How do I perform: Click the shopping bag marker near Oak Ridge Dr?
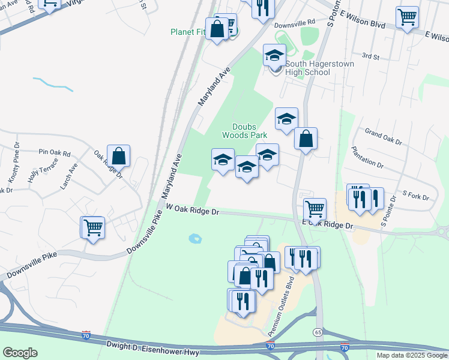click(x=119, y=156)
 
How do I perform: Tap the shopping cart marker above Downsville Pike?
click(x=92, y=228)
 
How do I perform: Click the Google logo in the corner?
click(x=20, y=353)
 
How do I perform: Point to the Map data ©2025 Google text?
click(x=412, y=355)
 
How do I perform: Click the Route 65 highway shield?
click(x=316, y=332)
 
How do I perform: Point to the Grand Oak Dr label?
click(x=383, y=136)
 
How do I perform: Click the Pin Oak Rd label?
click(x=55, y=153)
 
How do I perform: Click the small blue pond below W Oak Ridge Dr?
click(x=195, y=238)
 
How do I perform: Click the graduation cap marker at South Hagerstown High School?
click(x=275, y=56)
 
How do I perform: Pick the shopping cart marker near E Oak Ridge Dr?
click(x=315, y=209)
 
